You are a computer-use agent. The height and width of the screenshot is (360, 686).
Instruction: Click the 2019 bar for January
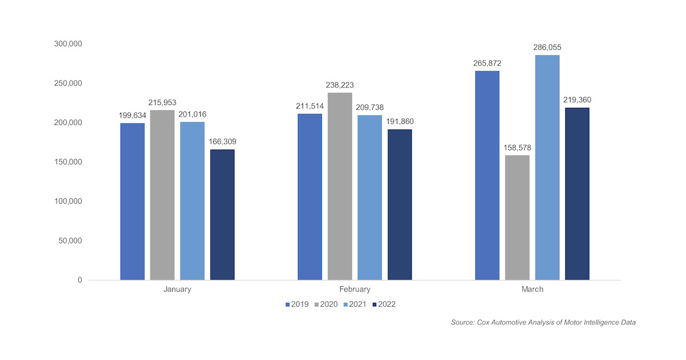click(132, 201)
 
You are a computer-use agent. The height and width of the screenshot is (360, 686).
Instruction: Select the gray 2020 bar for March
click(517, 217)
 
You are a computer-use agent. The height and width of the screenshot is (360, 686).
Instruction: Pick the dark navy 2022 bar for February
click(400, 204)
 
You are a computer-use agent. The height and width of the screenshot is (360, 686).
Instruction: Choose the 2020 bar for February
click(340, 186)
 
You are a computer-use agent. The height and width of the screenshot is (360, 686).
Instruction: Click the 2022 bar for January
click(222, 214)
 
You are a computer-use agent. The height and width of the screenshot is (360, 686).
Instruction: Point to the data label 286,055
click(547, 47)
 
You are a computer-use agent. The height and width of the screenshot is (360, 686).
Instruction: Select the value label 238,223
click(340, 85)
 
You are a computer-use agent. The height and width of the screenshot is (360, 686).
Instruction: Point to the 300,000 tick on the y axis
click(67, 44)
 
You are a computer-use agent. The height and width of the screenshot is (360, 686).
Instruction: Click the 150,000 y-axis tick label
click(67, 162)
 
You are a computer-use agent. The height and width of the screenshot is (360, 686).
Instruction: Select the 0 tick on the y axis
click(79, 280)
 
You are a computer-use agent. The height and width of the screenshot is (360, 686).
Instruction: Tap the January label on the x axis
click(177, 289)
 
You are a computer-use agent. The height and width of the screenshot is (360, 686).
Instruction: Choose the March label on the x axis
click(532, 289)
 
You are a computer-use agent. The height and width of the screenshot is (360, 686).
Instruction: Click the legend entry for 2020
click(326, 304)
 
